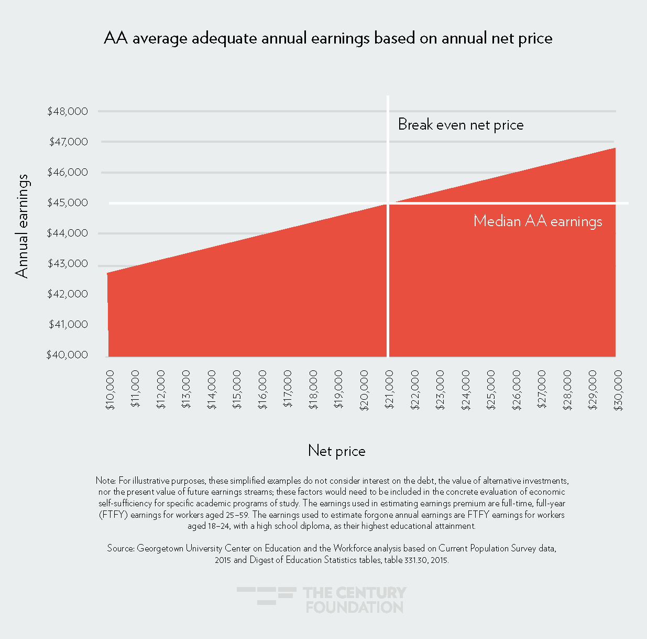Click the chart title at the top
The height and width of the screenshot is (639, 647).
[x=328, y=38]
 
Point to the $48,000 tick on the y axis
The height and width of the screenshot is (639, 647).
[x=68, y=111]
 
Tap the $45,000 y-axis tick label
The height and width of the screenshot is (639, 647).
[x=68, y=203]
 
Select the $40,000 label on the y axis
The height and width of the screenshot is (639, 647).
[x=68, y=355]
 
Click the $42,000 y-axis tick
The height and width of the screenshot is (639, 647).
[x=68, y=294]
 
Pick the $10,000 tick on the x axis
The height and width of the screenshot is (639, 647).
[x=110, y=389]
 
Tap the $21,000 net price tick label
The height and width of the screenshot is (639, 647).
[x=390, y=389]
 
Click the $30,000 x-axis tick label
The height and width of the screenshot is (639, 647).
[x=618, y=389]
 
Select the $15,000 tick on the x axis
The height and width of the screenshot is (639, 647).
[x=237, y=389]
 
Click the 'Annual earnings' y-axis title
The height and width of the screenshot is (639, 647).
[x=22, y=226]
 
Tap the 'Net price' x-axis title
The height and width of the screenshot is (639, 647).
[x=336, y=451]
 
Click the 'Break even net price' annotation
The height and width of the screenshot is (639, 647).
[x=460, y=125]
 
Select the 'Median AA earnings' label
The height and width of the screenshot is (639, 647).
[x=538, y=221]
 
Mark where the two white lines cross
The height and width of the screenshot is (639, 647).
[x=388, y=203]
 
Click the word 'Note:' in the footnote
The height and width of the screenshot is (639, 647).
[x=106, y=481]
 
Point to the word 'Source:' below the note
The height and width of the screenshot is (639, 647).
[x=121, y=548]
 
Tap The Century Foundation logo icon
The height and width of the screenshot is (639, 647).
[x=266, y=595]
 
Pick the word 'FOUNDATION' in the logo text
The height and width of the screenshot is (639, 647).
[x=355, y=607]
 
